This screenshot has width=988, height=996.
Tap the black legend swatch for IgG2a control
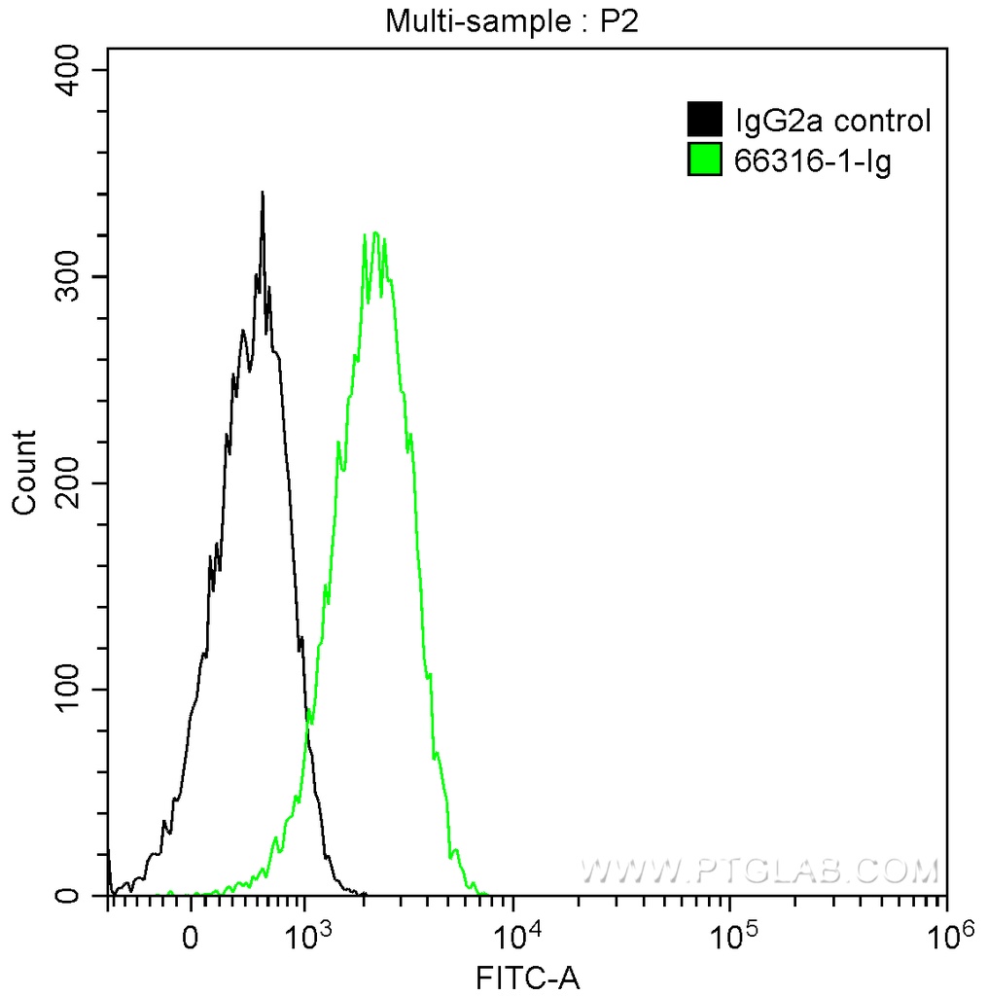705,121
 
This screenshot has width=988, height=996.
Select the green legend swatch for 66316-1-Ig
705,160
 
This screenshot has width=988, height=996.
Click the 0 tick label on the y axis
82,896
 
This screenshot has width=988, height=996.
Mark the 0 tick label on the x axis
191,941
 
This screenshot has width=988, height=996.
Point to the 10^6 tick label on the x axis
950,938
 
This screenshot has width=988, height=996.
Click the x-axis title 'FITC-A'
527,978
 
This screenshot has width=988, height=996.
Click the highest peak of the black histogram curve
263,193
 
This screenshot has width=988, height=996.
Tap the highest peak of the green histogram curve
374,233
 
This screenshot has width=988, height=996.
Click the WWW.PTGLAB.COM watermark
759,869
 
